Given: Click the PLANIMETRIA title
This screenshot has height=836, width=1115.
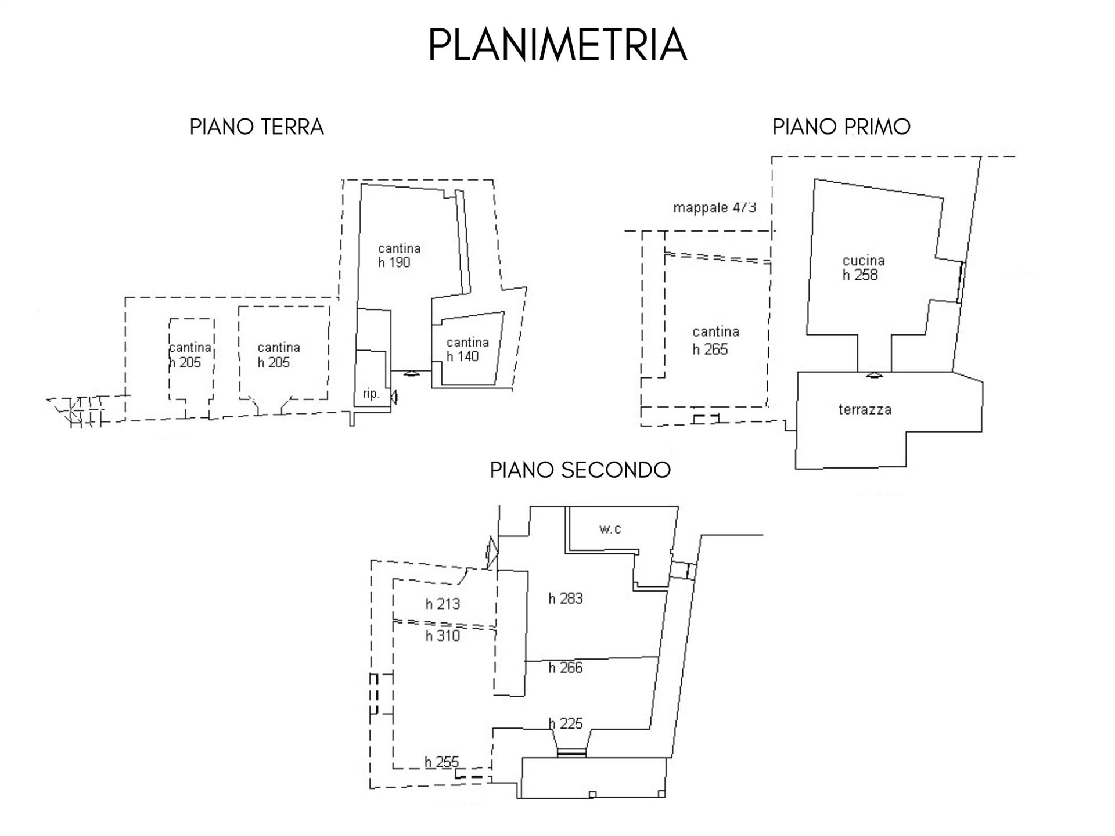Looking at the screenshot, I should tap(557, 45).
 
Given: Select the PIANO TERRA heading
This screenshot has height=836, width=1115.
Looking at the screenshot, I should tap(256, 127).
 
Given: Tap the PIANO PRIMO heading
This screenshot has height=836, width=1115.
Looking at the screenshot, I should tap(841, 126).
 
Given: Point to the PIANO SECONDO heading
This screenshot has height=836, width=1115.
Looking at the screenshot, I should tap(580, 470).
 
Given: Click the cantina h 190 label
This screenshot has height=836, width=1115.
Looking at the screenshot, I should tap(398, 255).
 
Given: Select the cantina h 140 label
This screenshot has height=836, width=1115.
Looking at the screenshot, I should tap(467, 349).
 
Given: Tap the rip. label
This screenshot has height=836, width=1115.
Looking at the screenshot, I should tap(371, 394).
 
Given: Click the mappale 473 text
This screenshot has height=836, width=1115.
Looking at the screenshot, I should tap(714, 207).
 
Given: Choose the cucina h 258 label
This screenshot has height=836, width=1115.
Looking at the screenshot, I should tap(863, 268).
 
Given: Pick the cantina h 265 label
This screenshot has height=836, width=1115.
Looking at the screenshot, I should tap(715, 340).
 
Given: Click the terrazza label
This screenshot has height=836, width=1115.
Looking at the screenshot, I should tap(864, 409).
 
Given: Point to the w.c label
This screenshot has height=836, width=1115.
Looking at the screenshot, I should tap(610, 529).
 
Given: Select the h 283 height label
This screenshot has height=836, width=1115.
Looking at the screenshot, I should tap(565, 599).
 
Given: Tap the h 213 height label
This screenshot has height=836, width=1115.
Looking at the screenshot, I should tap(443, 604).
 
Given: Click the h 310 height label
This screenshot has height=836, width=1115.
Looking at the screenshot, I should tap(443, 636).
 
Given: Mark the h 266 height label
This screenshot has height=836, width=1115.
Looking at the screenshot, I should tap(565, 668).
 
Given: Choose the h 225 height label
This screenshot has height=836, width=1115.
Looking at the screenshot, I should tap(565, 723).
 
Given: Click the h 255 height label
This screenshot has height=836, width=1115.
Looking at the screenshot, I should tap(441, 762).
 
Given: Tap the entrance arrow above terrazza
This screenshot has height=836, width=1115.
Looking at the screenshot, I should tap(875, 375).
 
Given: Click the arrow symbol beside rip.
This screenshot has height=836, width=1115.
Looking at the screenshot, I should tap(394, 397).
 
